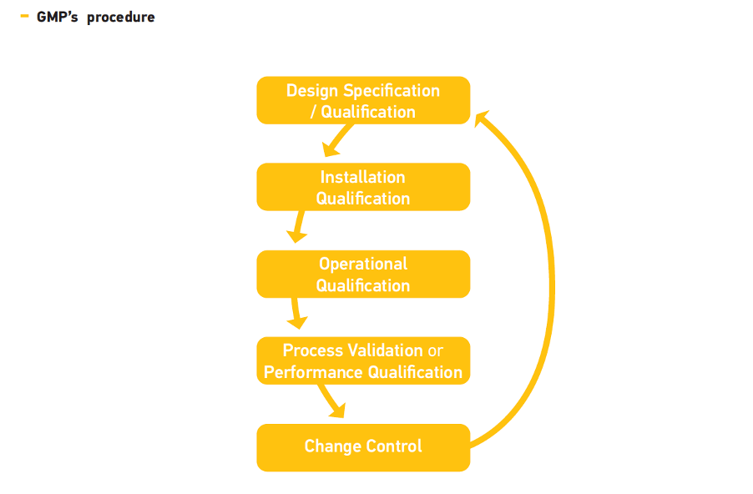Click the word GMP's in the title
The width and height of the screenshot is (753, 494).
click(57, 17)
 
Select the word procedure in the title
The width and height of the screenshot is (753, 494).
click(120, 18)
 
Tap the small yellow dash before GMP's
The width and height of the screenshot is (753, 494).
click(24, 17)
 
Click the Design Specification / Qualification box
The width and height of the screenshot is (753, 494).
click(363, 100)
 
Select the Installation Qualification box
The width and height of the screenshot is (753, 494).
click(363, 187)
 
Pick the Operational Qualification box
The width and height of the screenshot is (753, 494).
click(363, 274)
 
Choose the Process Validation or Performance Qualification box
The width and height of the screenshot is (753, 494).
click(363, 360)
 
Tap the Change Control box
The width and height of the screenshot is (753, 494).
click(363, 447)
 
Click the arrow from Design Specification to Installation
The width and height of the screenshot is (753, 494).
click(338, 140)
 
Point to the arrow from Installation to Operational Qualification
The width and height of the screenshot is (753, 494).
click(298, 226)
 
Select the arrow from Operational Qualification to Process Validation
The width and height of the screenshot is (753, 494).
click(296, 313)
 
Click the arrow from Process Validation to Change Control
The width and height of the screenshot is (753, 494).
click(332, 401)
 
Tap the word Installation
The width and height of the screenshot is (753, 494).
click(362, 177)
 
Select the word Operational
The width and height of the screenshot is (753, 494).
click(363, 265)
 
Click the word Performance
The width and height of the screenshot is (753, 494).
click(313, 372)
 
